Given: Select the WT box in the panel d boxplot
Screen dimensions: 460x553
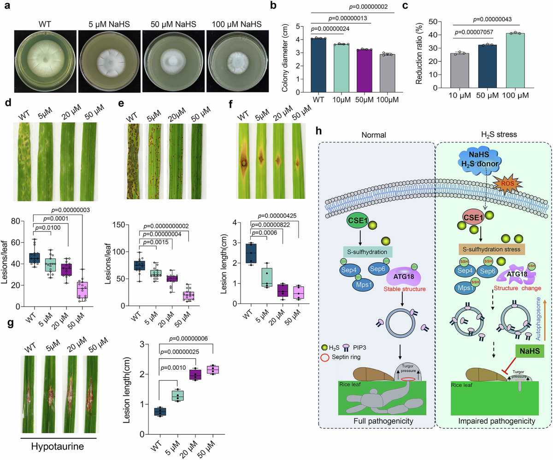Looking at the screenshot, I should pyautogui.click(x=34, y=257).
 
